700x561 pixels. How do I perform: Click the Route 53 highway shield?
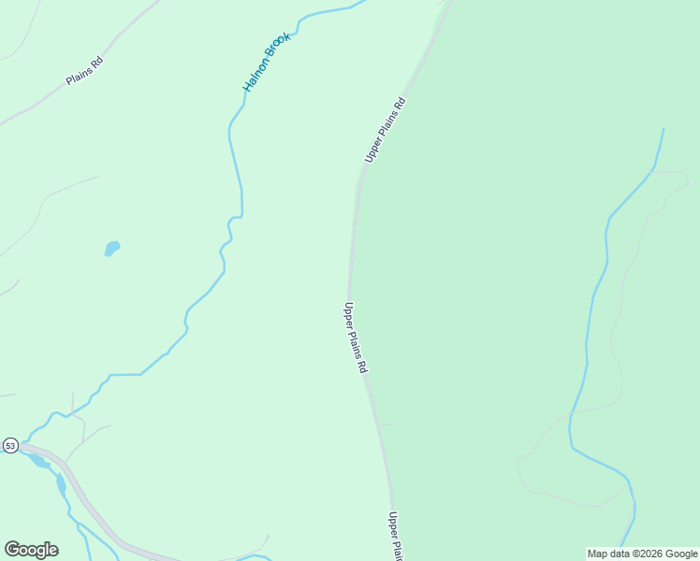pyautogui.click(x=10, y=445)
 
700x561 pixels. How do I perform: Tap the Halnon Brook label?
pyautogui.click(x=268, y=62)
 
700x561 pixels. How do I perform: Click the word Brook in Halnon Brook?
pyautogui.click(x=279, y=47)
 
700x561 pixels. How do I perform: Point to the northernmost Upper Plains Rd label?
pyautogui.click(x=385, y=130)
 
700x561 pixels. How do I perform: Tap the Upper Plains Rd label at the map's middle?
pyautogui.click(x=355, y=338)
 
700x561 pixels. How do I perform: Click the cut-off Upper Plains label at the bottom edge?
pyautogui.click(x=396, y=537)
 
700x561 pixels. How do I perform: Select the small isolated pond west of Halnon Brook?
pyautogui.click(x=112, y=249)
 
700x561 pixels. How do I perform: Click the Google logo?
pyautogui.click(x=31, y=550)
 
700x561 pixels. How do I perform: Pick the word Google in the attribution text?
pyautogui.click(x=681, y=554)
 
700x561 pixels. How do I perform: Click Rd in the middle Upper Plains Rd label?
pyautogui.click(x=361, y=366)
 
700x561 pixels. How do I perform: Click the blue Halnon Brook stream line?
pyautogui.click(x=235, y=159)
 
